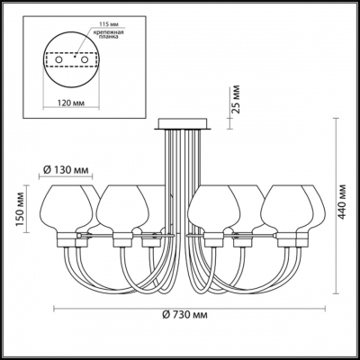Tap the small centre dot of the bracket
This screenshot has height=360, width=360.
[x=75, y=58]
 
